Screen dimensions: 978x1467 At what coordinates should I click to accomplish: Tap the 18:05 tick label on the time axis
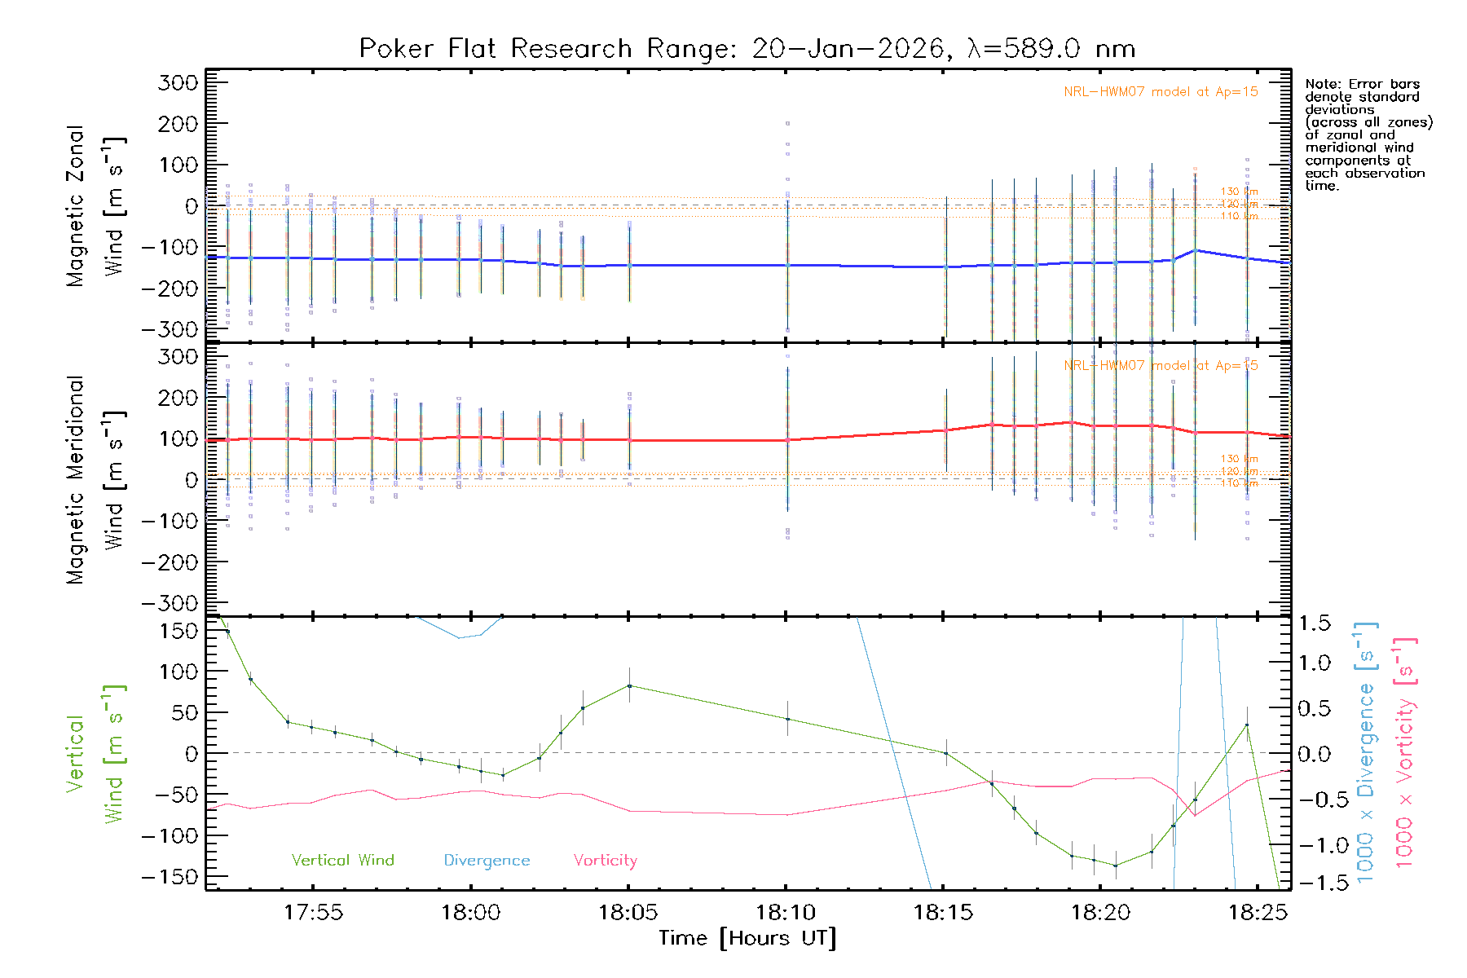pos(628,913)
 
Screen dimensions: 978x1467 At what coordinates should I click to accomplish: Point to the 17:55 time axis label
pos(314,913)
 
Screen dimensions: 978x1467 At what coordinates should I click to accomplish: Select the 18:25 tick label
pos(1258,913)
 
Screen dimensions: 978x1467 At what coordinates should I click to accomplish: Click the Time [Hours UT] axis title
pos(747,939)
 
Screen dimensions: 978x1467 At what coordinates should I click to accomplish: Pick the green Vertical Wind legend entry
pos(342,861)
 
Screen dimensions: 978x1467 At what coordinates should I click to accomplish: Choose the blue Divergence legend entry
pos(487,861)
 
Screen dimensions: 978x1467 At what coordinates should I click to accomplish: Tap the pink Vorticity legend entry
pos(605,861)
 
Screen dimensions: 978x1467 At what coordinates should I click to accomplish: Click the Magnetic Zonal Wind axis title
pos(95,206)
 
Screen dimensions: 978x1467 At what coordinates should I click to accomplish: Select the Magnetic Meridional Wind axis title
pos(95,480)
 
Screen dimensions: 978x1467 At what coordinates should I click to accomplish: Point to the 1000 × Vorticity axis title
pos(1404,752)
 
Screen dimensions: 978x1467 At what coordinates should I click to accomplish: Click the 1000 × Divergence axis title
pos(1366,752)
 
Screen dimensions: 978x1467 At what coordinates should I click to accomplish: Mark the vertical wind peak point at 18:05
pos(629,686)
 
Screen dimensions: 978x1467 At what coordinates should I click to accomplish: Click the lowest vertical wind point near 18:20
pos(1115,866)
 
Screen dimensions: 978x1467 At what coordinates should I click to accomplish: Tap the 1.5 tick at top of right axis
pos(1315,623)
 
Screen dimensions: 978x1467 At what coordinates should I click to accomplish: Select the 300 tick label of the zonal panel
pos(178,82)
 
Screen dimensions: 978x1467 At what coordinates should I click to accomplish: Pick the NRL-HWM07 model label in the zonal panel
pos(1161,92)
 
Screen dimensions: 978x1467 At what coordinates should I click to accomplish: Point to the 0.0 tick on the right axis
pos(1315,754)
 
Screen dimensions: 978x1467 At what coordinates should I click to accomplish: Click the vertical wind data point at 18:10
pos(787,720)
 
